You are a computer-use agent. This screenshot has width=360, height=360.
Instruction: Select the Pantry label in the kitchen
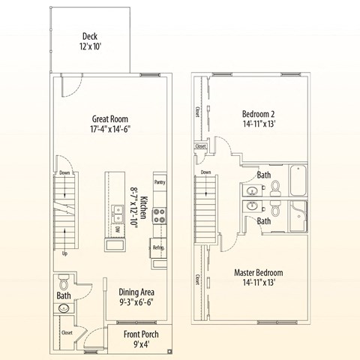(x=159, y=182)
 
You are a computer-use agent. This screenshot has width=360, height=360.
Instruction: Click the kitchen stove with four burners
(x=160, y=217)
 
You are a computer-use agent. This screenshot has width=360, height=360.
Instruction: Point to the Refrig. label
(x=158, y=247)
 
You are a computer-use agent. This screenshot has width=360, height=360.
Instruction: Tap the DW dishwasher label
(x=118, y=229)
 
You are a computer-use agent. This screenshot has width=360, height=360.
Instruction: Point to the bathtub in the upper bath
(x=298, y=179)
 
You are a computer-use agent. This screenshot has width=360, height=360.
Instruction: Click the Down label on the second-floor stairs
(x=206, y=172)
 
